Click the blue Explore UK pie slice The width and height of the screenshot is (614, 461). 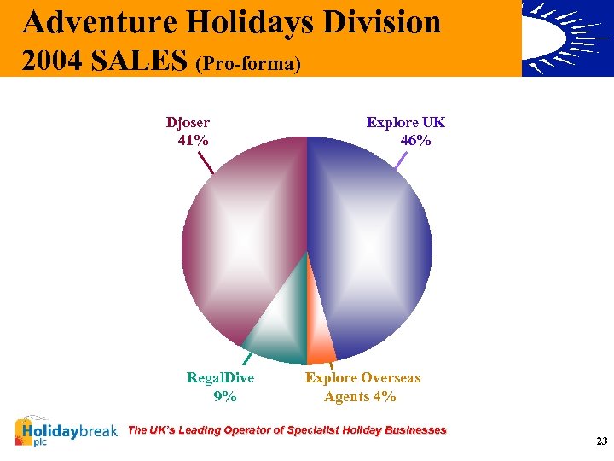pyautogui.click(x=375, y=248)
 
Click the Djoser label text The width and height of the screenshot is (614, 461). pyautogui.click(x=188, y=123)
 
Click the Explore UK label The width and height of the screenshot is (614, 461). pyautogui.click(x=405, y=123)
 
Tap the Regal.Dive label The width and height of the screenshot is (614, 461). pyautogui.click(x=220, y=377)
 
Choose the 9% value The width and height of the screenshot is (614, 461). pyautogui.click(x=225, y=396)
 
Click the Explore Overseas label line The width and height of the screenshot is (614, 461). pyautogui.click(x=362, y=377)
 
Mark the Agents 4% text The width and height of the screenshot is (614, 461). pyautogui.click(x=360, y=396)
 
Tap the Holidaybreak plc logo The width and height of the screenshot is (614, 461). pyautogui.click(x=67, y=432)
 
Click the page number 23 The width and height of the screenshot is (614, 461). pyautogui.click(x=601, y=441)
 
